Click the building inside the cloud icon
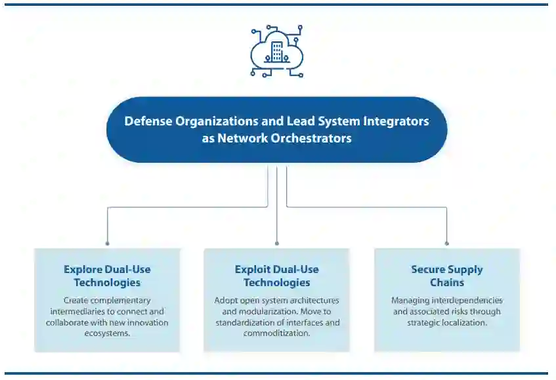pos(277,52)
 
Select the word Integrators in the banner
pos(398,121)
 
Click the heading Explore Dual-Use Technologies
pos(107,276)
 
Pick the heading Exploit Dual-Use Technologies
pos(277,276)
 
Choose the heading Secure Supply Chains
pos(447,276)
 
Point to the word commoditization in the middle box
pos(276,333)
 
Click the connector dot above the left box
pos(107,243)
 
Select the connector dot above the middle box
pos(277,243)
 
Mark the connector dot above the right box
pos(447,243)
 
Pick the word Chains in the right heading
pos(447,282)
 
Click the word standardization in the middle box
pos(244,322)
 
